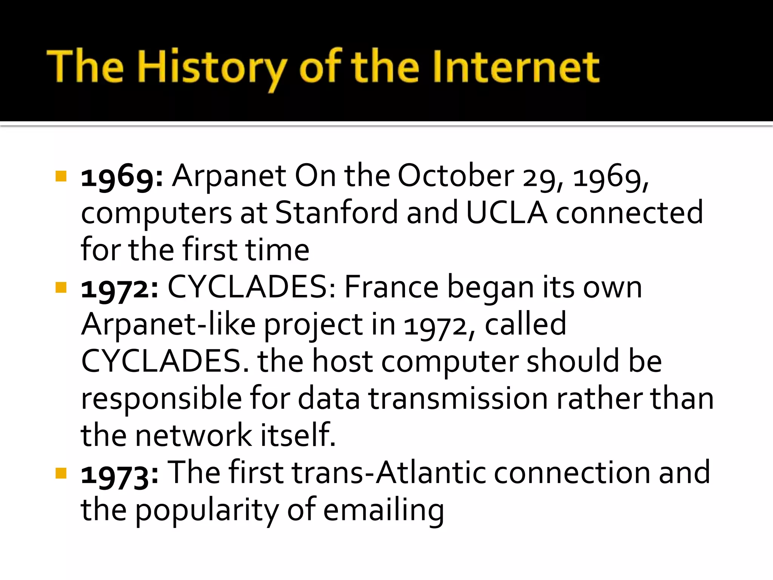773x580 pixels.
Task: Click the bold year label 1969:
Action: coord(122,177)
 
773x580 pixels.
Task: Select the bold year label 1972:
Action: coord(120,288)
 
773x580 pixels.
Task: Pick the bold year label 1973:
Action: coord(120,474)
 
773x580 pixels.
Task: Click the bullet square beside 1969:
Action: coord(61,176)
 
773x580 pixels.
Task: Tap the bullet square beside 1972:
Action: coord(61,288)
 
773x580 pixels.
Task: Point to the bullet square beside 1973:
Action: coord(61,473)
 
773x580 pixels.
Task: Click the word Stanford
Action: coord(336,213)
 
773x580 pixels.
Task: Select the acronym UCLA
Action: coord(507,213)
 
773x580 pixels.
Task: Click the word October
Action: coord(456,176)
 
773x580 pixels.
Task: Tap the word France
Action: coord(391,287)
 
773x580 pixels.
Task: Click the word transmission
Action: coord(458,398)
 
